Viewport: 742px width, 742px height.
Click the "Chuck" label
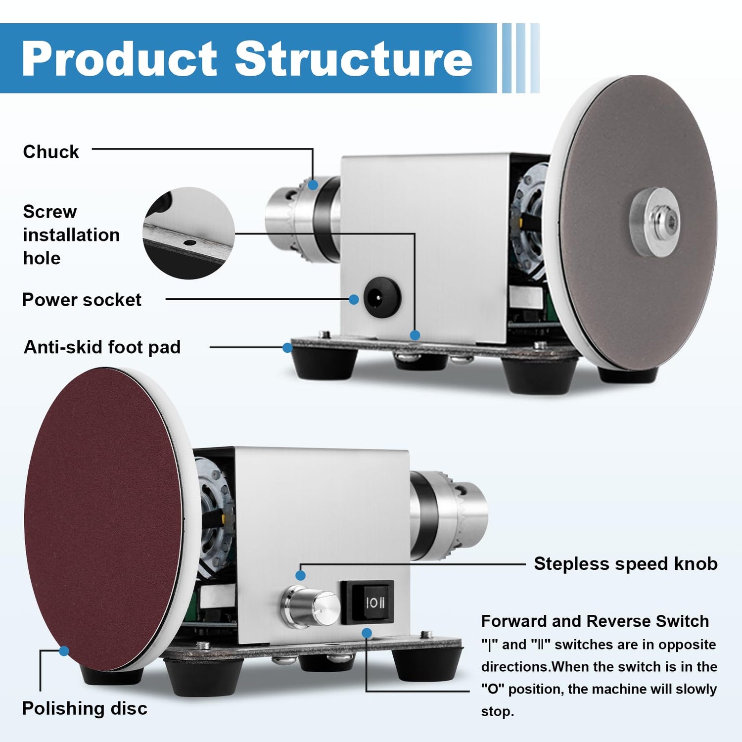click(51, 152)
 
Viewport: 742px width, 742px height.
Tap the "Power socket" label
click(82, 300)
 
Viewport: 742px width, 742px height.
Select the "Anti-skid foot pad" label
click(102, 347)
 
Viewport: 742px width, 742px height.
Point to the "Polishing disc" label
click(85, 708)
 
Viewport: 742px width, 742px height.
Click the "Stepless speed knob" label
click(625, 564)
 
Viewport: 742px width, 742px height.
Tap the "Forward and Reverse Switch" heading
click(595, 621)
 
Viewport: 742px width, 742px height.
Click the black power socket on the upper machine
click(381, 297)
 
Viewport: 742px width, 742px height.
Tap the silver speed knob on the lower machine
click(311, 606)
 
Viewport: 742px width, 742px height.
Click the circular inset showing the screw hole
click(188, 233)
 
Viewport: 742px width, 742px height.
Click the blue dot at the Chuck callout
click(313, 185)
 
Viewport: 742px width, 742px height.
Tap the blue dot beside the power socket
click(353, 299)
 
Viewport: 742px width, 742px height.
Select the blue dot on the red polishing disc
click(64, 651)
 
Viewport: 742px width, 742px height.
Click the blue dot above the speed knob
click(300, 575)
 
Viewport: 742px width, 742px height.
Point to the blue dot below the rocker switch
click(367, 633)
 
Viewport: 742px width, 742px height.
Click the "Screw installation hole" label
click(71, 235)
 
